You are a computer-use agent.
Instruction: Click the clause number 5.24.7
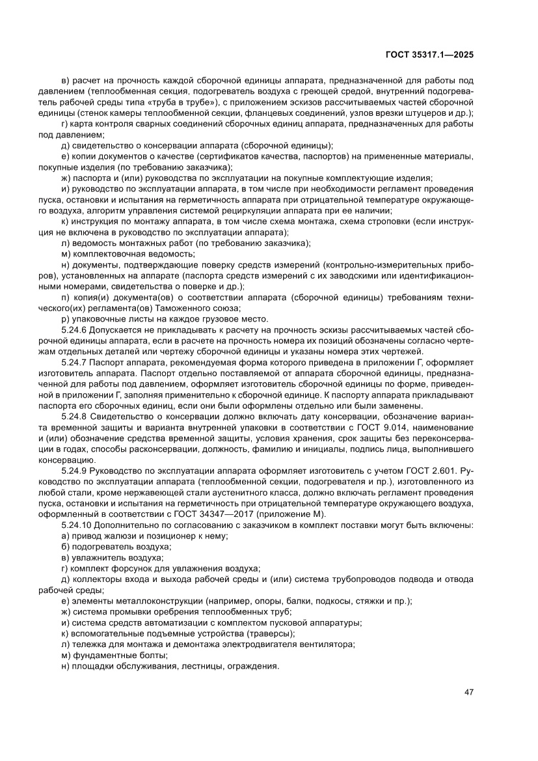point(77,361)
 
